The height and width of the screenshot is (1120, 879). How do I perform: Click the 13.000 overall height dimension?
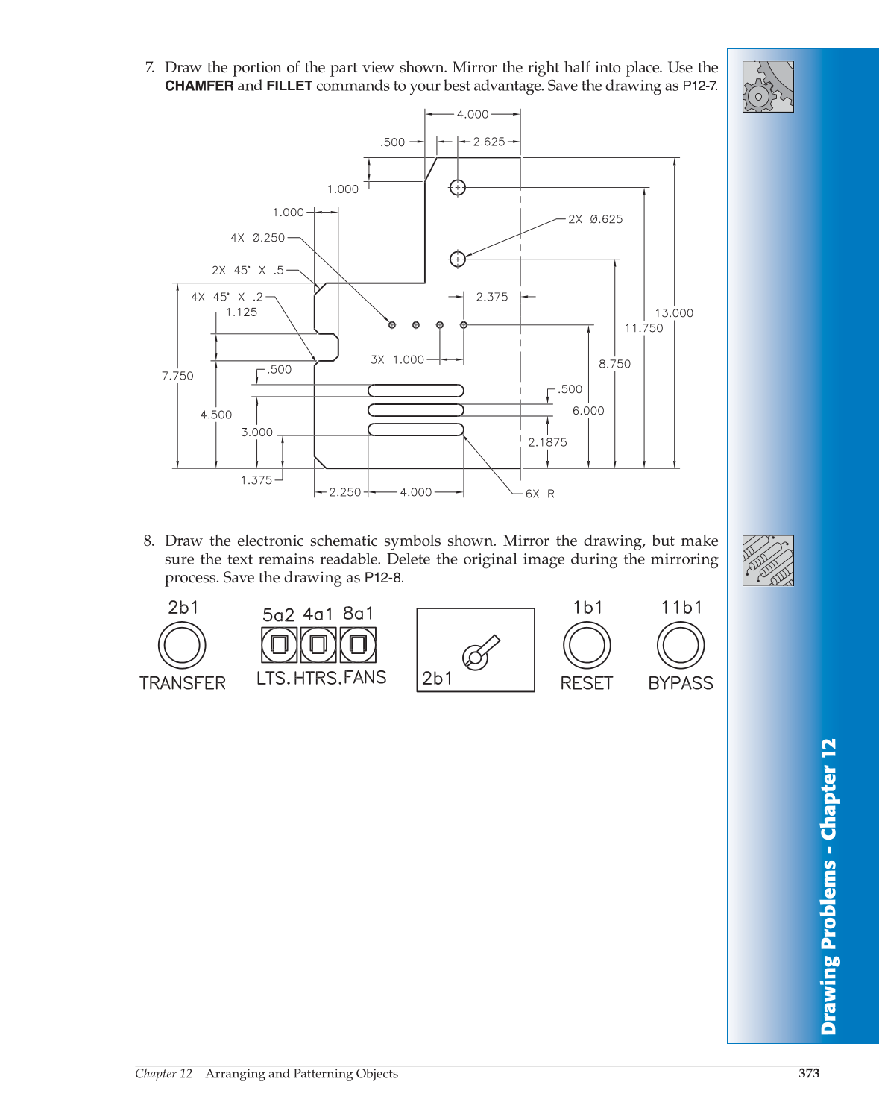click(674, 313)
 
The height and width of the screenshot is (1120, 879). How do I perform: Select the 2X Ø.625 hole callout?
click(595, 219)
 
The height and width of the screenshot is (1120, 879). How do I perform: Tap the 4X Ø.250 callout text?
click(258, 238)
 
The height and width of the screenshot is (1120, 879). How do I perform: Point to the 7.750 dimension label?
click(177, 376)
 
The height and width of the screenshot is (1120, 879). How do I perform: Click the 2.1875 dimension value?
click(547, 442)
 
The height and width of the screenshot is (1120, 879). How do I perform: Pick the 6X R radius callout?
click(540, 494)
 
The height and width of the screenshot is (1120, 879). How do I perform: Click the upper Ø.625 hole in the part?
click(458, 188)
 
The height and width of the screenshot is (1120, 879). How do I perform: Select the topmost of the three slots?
click(416, 391)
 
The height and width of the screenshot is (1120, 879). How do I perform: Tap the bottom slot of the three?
click(416, 430)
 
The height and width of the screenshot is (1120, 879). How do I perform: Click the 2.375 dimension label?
click(492, 297)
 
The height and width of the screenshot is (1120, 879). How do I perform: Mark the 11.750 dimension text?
click(643, 328)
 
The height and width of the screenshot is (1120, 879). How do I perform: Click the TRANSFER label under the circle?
click(183, 683)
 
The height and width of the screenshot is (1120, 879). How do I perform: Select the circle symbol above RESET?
click(587, 645)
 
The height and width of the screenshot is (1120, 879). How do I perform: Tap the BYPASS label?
click(681, 683)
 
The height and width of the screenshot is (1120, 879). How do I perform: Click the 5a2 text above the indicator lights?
click(278, 615)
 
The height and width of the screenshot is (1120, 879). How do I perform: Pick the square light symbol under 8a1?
click(358, 645)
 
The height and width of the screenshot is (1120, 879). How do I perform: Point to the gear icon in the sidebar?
click(768, 86)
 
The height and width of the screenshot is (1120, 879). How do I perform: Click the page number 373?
click(809, 1073)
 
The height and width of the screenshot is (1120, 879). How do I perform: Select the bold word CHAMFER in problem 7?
click(199, 86)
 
